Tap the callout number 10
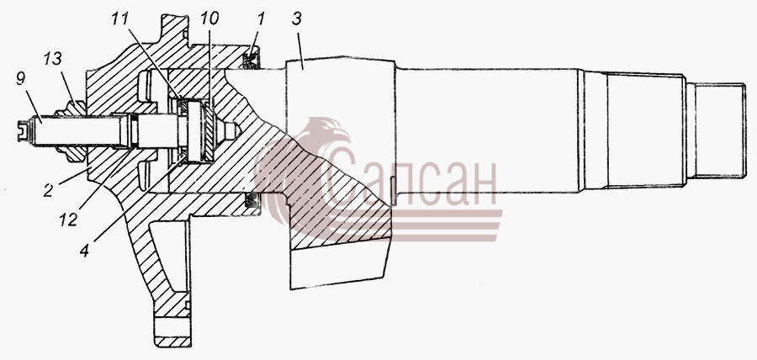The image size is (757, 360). (x=209, y=19)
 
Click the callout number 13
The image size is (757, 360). (x=53, y=60)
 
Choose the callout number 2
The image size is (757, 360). (x=48, y=190)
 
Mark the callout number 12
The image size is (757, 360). (x=68, y=220)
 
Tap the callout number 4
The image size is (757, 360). (x=84, y=250)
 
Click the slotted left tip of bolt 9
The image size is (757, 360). (x=22, y=131)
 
